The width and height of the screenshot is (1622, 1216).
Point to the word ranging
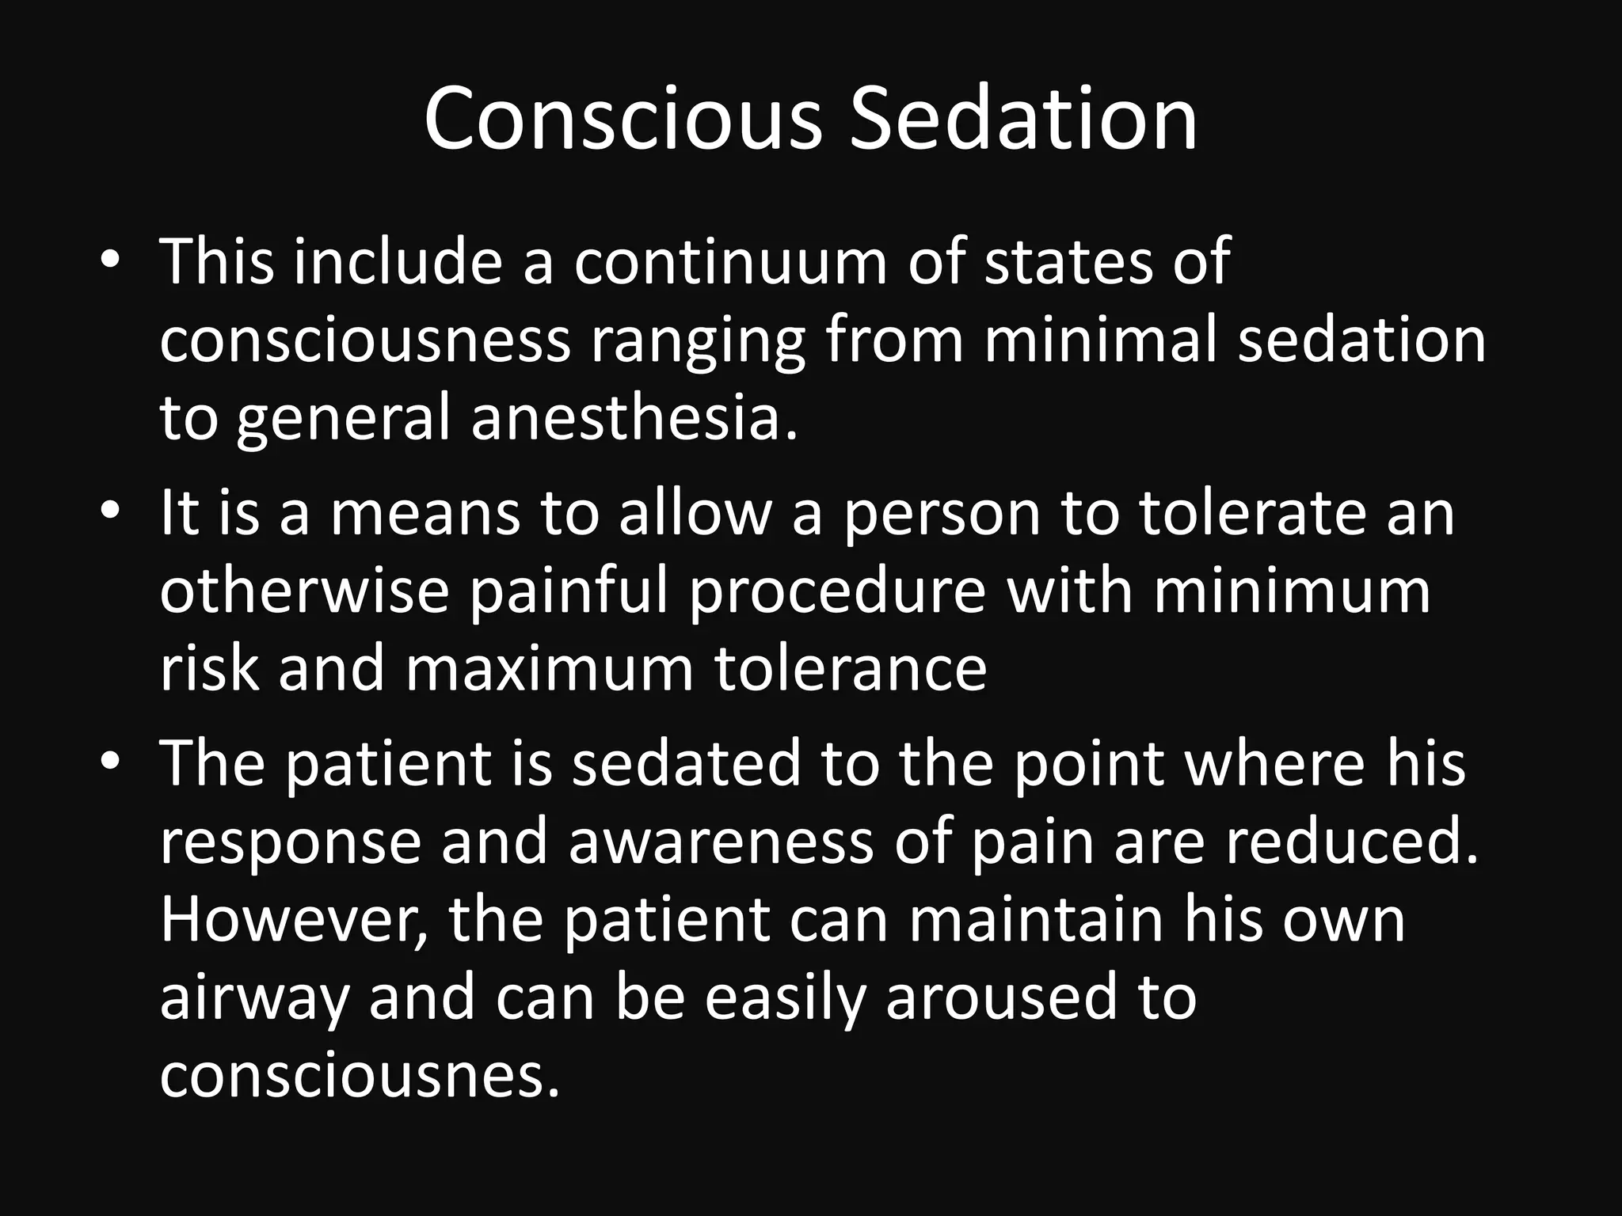point(698,342)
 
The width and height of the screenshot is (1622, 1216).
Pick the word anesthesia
point(634,417)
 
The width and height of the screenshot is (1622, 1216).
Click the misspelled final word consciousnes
point(360,1076)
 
